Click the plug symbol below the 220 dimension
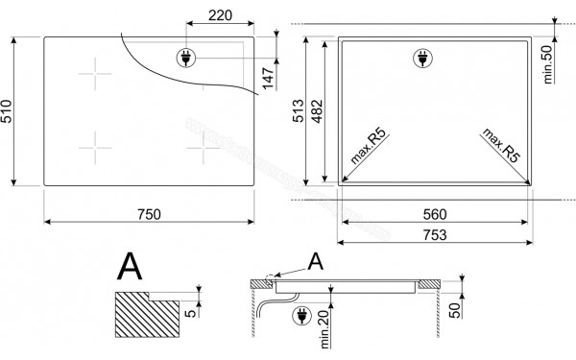183,59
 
